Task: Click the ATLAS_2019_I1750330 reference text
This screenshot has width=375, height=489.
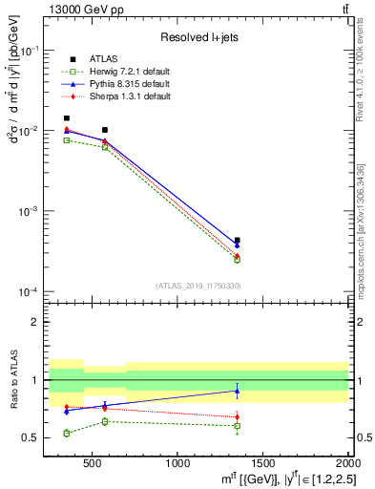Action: pos(198,286)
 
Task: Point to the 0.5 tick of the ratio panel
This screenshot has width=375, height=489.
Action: pos(31,438)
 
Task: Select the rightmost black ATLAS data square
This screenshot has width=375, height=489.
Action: pos(237,241)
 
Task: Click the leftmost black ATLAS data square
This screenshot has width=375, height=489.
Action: pos(66,118)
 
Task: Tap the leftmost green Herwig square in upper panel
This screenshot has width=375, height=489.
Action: pos(66,140)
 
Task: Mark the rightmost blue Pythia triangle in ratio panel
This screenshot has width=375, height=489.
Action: pos(237,391)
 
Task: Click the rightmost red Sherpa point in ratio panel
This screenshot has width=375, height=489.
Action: pos(237,416)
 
